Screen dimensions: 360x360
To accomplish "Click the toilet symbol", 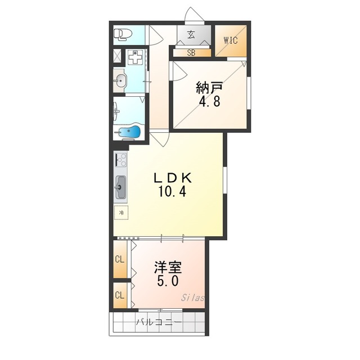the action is [123, 34].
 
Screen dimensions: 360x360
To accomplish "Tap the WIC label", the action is [231, 40].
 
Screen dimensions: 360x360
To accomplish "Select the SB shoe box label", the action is [191, 53].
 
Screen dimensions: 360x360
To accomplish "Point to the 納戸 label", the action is [209, 88].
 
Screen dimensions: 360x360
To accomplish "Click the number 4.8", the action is [209, 101].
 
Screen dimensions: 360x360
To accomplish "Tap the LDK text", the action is [173, 178].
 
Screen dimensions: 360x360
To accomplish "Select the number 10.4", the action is [172, 191].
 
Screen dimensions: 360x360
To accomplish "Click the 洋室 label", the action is [168, 267].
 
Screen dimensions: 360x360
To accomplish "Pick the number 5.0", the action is [168, 281].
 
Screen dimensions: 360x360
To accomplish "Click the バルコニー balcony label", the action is [159, 322].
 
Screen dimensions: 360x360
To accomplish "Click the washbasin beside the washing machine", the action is [120, 80].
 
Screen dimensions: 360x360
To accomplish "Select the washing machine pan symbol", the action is [136, 57].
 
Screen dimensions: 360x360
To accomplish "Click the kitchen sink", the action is [120, 187].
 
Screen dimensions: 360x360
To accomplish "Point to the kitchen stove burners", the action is [121, 159].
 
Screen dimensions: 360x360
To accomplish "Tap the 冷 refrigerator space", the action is [121, 213].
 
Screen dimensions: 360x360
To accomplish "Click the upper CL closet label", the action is [120, 260].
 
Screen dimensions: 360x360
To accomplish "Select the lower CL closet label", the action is [120, 295].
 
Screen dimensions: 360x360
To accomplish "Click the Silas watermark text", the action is [192, 298].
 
